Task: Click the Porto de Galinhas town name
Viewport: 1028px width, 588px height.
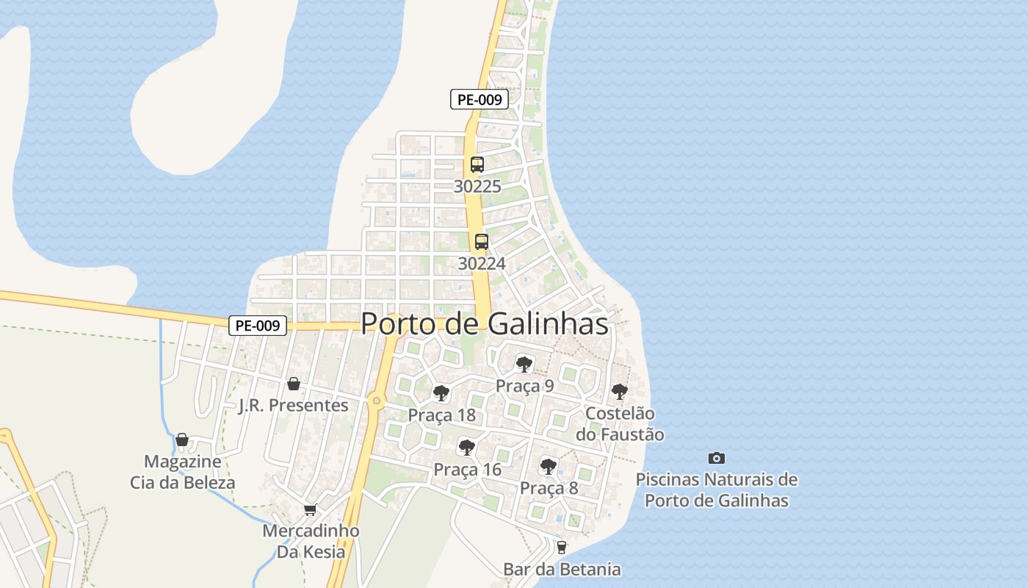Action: (485, 323)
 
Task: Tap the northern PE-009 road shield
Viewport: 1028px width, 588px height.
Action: (479, 100)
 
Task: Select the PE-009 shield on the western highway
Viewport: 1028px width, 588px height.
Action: (257, 326)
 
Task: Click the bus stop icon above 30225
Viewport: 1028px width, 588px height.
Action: (477, 165)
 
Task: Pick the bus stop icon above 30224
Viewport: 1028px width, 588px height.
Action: (482, 241)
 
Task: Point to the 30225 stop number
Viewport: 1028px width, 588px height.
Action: (477, 187)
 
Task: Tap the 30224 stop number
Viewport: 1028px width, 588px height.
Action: (482, 263)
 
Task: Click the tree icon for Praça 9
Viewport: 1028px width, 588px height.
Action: (524, 363)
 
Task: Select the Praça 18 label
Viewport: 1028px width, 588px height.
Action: (442, 415)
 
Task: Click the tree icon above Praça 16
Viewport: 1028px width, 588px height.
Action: (466, 447)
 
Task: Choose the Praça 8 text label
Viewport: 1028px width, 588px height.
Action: (549, 488)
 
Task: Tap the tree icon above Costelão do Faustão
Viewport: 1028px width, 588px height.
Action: (620, 391)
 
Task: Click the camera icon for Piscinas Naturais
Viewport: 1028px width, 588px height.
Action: (717, 458)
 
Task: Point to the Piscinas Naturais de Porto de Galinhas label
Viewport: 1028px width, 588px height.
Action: (717, 490)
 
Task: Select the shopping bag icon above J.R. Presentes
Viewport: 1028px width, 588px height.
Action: (294, 383)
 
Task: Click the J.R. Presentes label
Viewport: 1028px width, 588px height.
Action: (294, 405)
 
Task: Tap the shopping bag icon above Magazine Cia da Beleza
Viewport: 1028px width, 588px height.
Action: (182, 440)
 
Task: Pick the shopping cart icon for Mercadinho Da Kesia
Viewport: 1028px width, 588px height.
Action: (311, 509)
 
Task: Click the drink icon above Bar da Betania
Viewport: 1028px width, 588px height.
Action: (562, 547)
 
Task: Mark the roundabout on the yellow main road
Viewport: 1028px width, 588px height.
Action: (377, 401)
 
